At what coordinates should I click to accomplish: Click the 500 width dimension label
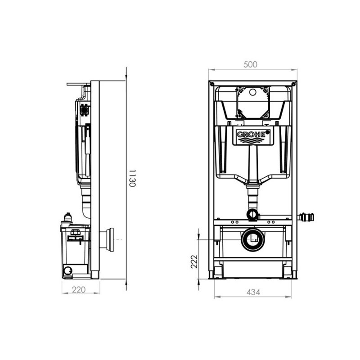point(250,64)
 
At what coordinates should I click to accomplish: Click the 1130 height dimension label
point(132,178)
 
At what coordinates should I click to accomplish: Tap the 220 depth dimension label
point(79,290)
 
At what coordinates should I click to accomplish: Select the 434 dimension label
point(253,292)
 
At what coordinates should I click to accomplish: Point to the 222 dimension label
point(194,261)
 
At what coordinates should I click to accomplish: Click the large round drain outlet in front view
point(253,240)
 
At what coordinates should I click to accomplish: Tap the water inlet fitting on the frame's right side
point(306,217)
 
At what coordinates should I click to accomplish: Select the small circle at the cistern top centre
point(252,92)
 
